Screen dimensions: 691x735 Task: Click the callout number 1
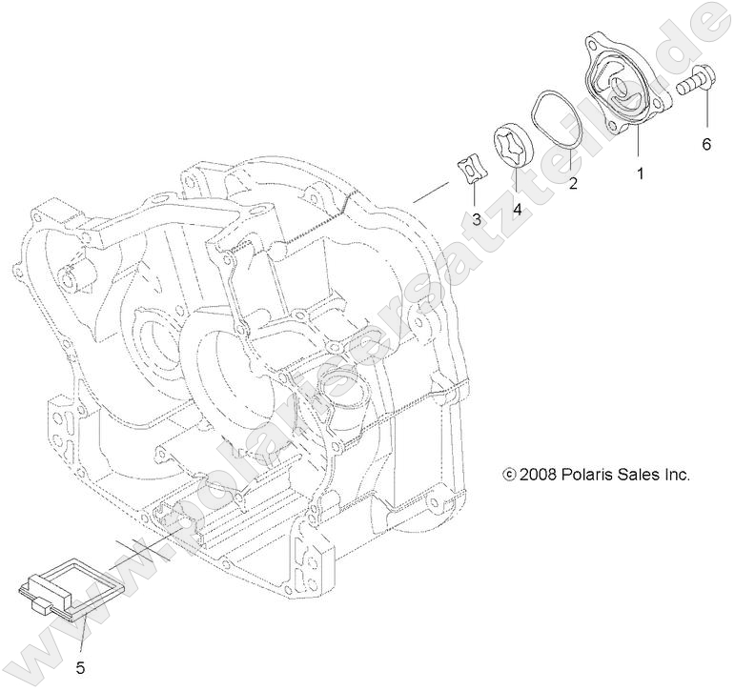(640, 173)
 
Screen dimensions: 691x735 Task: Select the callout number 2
(573, 184)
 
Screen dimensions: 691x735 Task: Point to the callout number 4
(517, 208)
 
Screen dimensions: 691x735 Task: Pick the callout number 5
(81, 666)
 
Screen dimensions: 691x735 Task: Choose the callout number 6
(706, 145)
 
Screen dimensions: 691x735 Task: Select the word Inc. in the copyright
(678, 474)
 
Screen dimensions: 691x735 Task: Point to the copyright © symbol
(508, 474)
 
